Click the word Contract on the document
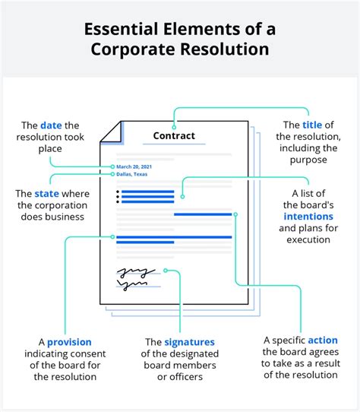[x=174, y=136]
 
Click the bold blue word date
[x=51, y=125]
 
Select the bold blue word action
[x=323, y=340]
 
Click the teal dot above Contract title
[x=174, y=126]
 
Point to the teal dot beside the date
[x=112, y=166]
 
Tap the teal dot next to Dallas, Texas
[x=112, y=174]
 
